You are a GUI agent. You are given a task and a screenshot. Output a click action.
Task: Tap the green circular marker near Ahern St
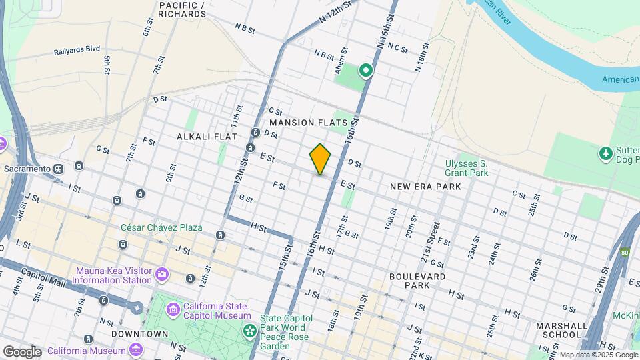[365, 70]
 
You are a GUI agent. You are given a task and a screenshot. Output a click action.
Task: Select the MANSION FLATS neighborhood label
[308, 123]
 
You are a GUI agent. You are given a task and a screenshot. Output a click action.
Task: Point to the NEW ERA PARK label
[425, 188]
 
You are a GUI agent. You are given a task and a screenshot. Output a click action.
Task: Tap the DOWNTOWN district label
[139, 333]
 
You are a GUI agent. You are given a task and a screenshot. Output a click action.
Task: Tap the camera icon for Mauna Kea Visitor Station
[161, 274]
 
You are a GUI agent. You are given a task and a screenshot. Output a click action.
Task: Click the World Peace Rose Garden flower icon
[249, 331]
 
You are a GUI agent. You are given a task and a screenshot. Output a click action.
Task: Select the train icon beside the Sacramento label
[59, 169]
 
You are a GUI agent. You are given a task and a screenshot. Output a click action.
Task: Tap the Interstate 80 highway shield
[625, 253]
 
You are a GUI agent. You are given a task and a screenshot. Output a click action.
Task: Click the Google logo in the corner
[22, 351]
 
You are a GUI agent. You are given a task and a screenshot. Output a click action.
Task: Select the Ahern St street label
[343, 60]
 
